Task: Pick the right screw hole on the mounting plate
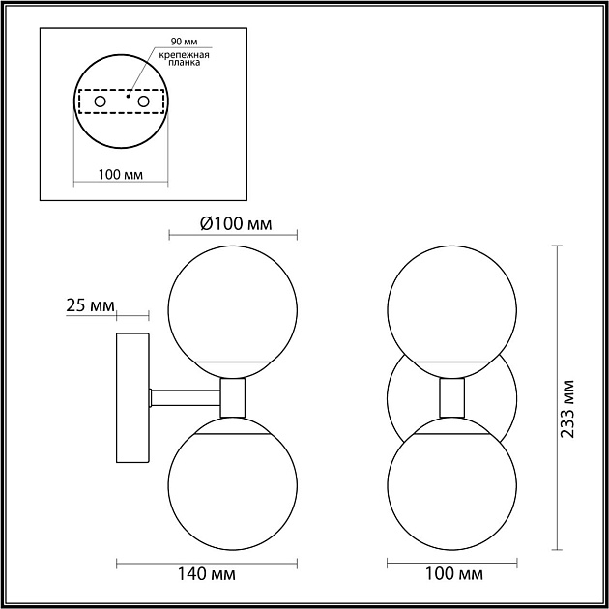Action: pos(144,101)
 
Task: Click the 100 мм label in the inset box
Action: pos(121,175)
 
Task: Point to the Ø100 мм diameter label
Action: pos(235,224)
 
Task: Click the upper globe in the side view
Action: pos(233,300)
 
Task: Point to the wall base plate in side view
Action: pos(132,397)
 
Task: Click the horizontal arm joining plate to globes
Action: pos(184,395)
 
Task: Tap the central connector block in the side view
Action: pos(233,397)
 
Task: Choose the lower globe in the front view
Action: pos(450,483)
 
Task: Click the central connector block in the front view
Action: pos(450,397)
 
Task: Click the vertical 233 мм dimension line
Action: pos(559,397)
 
